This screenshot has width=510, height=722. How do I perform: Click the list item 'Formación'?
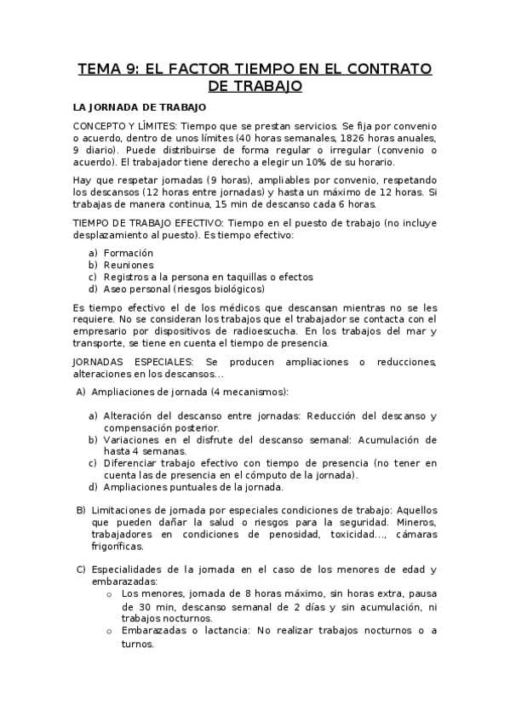tap(129, 253)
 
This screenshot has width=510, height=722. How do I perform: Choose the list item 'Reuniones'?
tap(129, 265)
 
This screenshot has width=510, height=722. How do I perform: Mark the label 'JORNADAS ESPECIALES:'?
tap(129, 362)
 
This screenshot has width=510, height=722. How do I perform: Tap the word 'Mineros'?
tap(415, 521)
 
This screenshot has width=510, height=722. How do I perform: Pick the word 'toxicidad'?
tap(355, 534)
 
